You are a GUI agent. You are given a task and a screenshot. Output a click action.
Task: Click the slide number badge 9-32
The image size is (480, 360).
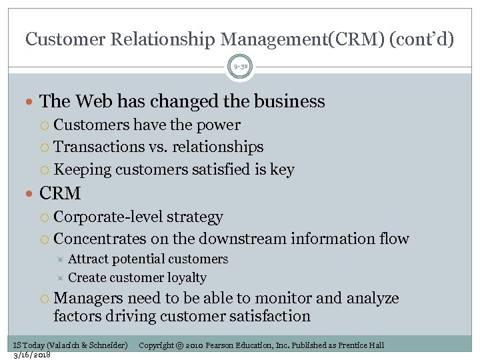(240, 67)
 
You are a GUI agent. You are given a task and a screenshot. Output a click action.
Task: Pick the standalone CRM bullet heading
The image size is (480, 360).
(60, 194)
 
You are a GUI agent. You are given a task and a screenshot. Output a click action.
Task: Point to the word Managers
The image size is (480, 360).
(89, 298)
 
